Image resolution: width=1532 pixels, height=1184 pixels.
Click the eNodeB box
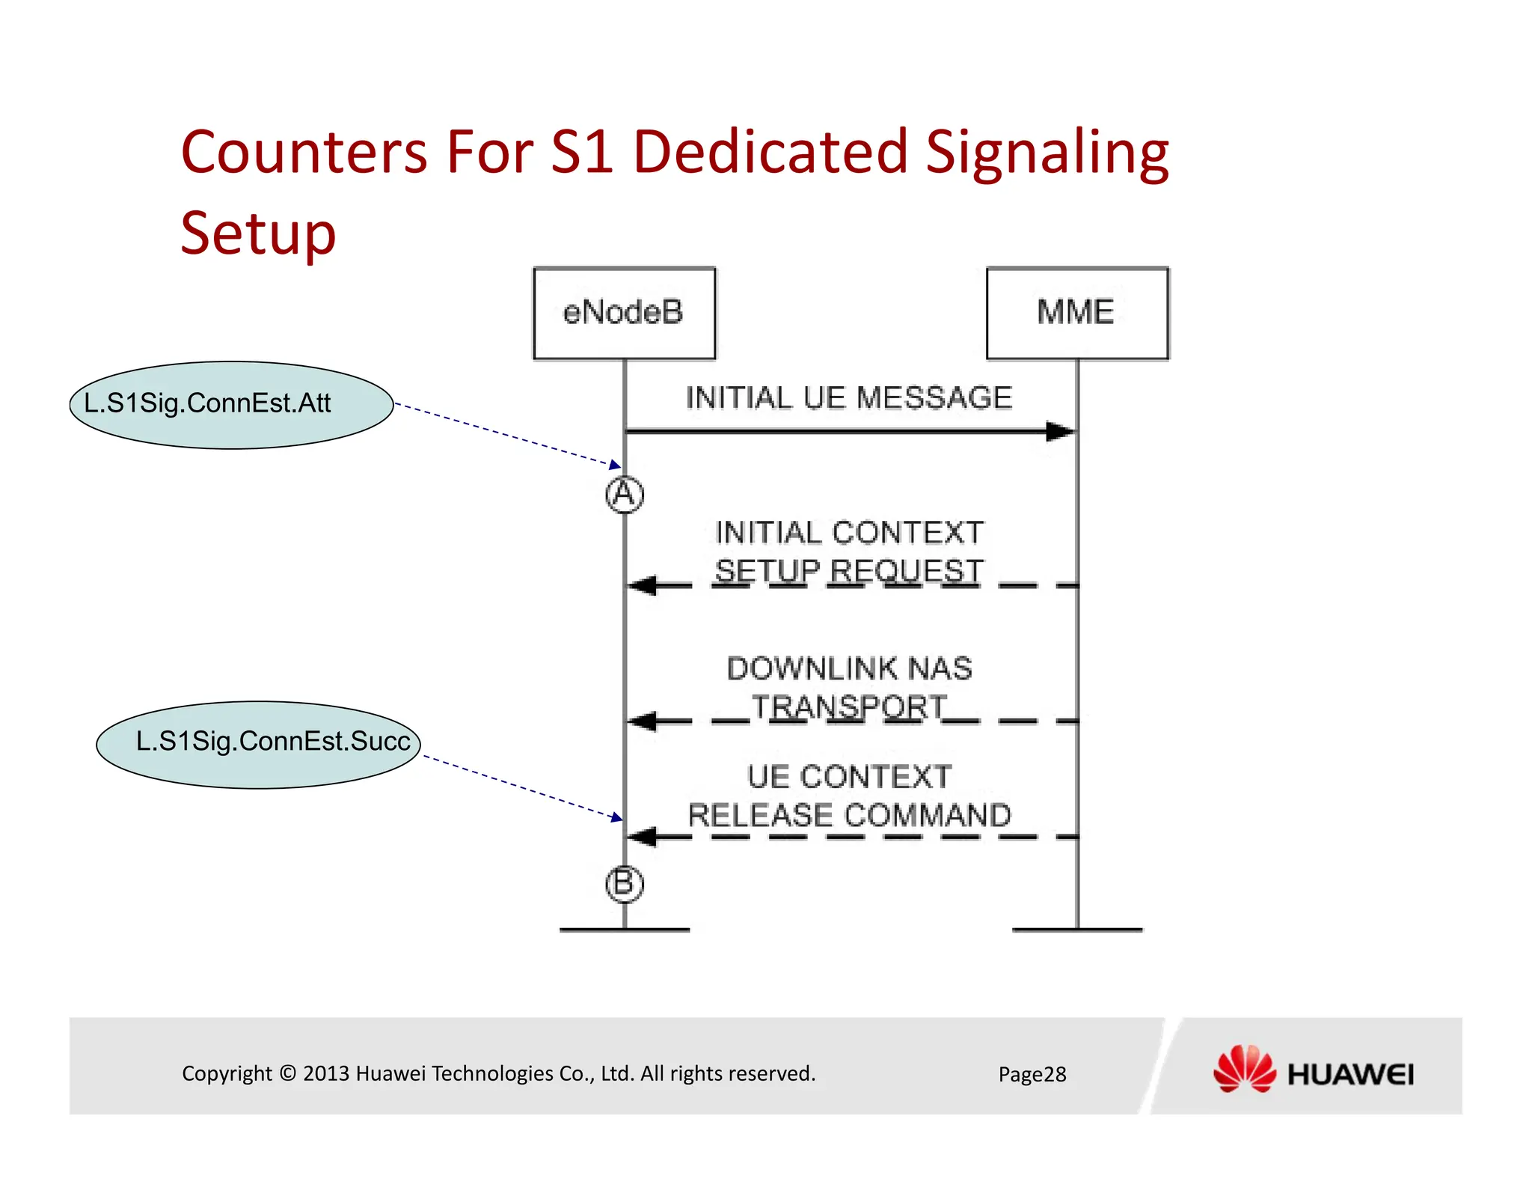624,313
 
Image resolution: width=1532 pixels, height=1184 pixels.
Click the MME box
1076,313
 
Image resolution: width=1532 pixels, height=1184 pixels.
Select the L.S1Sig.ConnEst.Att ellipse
231,405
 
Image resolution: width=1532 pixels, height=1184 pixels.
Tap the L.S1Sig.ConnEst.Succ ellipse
258,744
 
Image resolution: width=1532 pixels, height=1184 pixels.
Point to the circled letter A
625,494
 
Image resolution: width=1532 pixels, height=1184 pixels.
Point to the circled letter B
624,884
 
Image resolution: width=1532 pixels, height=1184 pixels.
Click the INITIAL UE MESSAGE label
849,397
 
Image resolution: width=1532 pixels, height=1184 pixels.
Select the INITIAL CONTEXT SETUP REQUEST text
849,552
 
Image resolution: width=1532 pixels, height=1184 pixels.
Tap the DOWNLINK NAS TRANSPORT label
849,687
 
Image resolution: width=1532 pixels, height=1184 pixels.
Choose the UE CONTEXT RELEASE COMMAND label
849,796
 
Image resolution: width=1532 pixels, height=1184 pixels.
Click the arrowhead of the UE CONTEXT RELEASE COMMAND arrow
643,837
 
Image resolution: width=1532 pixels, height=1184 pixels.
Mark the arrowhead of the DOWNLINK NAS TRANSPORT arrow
643,721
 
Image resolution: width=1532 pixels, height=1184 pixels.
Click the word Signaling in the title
1047,153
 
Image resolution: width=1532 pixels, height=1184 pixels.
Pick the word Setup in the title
258,234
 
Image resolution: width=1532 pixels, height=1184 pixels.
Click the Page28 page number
1032,1074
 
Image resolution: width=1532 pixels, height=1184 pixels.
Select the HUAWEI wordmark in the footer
1350,1075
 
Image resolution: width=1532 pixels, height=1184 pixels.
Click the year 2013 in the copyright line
326,1073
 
